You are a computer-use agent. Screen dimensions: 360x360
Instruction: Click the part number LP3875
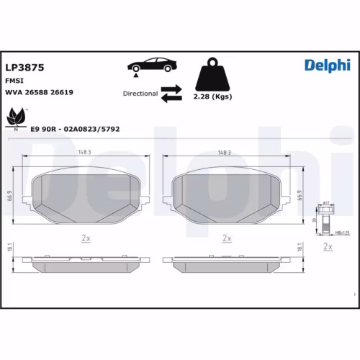[25, 66]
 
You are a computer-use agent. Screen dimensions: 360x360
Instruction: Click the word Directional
[139, 94]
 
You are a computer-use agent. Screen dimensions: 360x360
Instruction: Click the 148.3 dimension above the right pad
[224, 153]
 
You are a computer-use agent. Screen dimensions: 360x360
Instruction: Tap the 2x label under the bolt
[328, 247]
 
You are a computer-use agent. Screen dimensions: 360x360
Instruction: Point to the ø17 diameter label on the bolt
[325, 203]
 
